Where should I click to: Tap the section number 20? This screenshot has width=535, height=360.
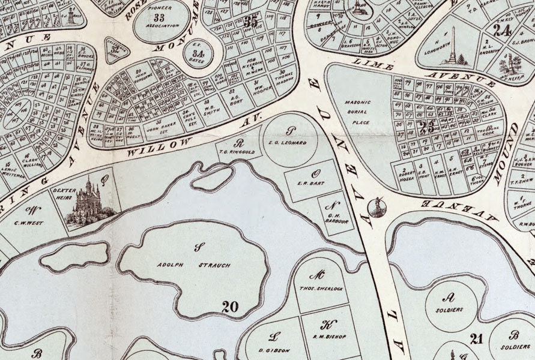(x=230, y=307)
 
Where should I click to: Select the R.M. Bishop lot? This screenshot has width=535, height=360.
(x=328, y=336)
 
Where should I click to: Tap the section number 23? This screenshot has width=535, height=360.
(x=428, y=127)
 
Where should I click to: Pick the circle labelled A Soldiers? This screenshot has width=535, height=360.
(x=451, y=305)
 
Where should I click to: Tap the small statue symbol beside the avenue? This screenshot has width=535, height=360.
(x=378, y=207)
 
